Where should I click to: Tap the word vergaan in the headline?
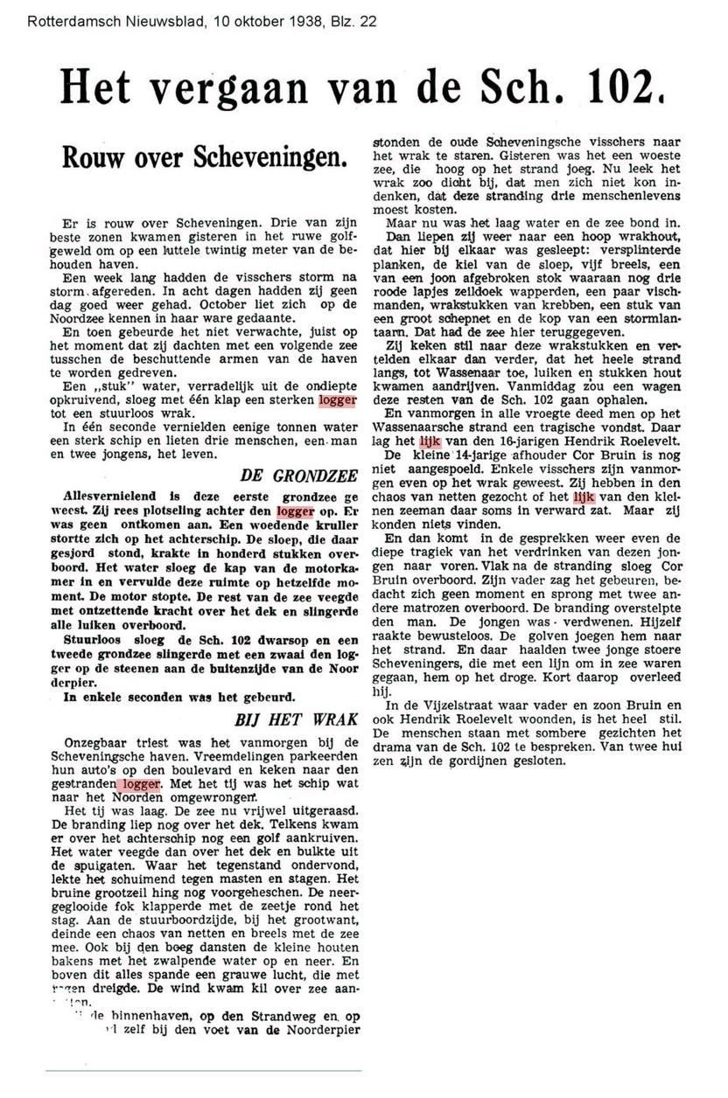(204, 87)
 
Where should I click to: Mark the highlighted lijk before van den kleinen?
(583, 497)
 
